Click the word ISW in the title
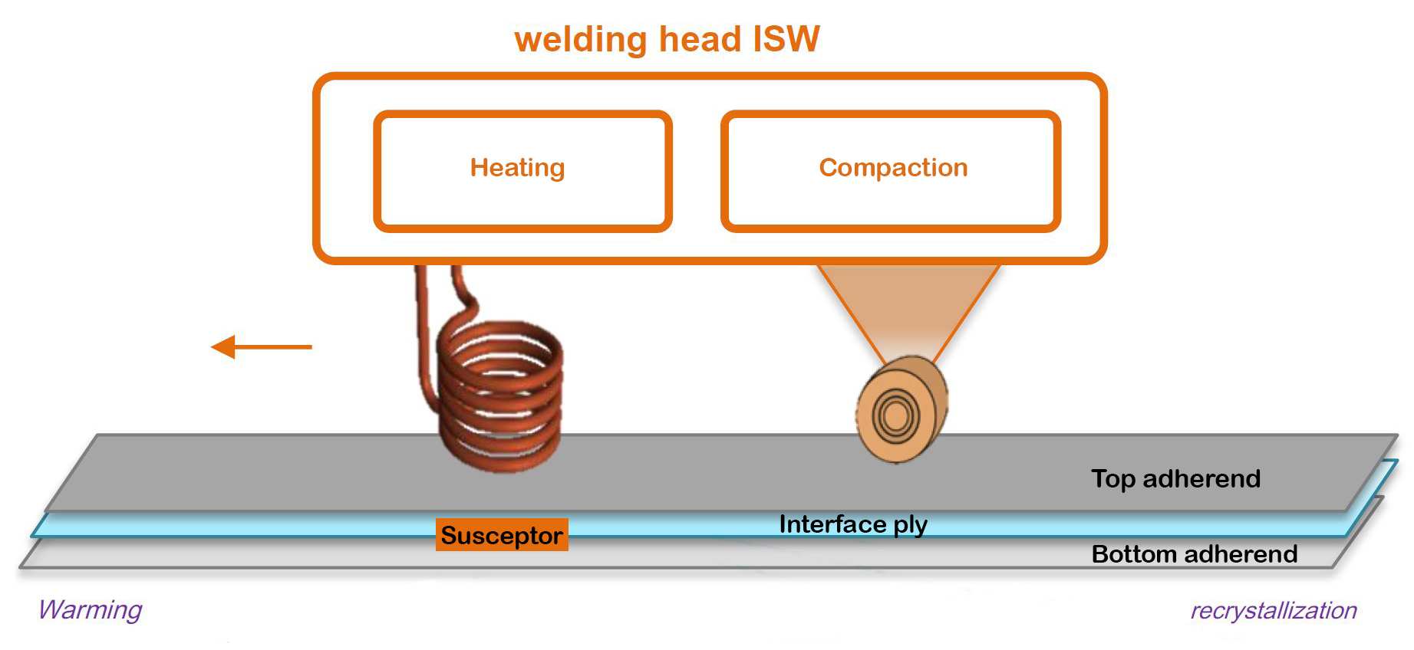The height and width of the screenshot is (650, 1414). [786, 38]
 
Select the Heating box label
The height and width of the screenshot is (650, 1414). [517, 168]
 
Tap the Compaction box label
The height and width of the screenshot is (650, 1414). [893, 168]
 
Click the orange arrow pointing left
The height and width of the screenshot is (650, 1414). [261, 347]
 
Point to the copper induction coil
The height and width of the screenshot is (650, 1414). [500, 395]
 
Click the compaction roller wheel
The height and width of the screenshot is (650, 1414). [902, 410]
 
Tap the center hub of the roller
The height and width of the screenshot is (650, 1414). [895, 415]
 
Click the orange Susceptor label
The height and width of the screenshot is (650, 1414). [502, 535]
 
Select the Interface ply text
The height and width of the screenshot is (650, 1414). [852, 524]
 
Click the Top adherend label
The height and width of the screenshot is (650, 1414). [1175, 479]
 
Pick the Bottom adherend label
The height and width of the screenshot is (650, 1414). [1194, 553]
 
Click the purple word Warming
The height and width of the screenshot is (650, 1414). [91, 610]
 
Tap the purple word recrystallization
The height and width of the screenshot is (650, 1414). [1273, 611]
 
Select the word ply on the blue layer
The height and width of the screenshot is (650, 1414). [910, 525]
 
